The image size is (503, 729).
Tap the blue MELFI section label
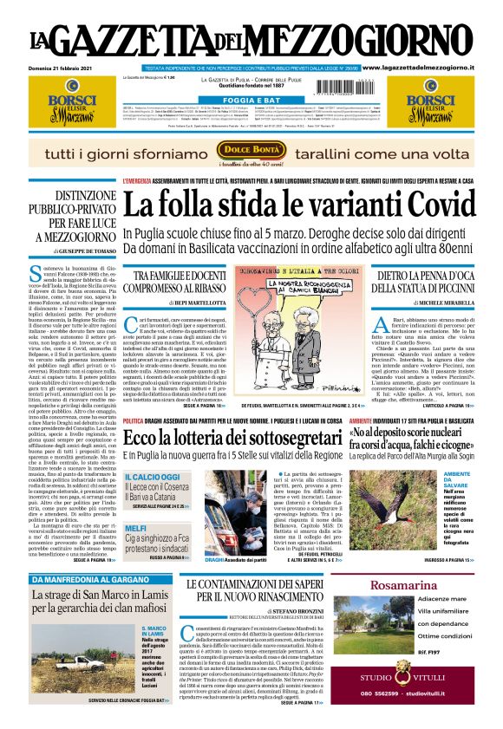point(135,527)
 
